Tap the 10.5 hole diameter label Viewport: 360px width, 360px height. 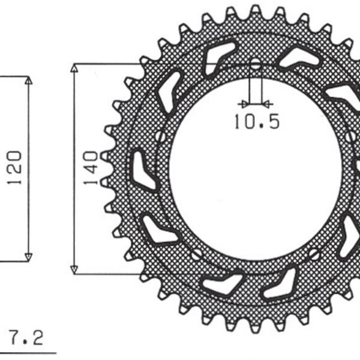pos(256,122)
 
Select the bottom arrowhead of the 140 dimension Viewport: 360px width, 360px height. pos(74,269)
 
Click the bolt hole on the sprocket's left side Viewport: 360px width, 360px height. pos(159,137)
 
